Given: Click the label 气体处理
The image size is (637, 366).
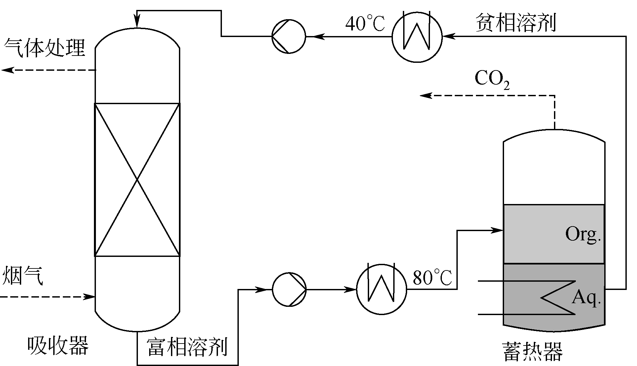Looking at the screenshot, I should click(45, 48).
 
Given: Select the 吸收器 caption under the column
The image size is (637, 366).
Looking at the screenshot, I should click(58, 345).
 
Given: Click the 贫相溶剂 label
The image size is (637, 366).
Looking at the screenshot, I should click(516, 22).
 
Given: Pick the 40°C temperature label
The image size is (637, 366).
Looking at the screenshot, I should click(365, 24).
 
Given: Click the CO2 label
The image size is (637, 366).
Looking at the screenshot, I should click(491, 79).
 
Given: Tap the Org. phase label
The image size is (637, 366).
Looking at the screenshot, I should click(582, 234).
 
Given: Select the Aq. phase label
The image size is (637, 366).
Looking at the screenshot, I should click(586, 297).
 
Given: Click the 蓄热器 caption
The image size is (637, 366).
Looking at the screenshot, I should click(532, 351).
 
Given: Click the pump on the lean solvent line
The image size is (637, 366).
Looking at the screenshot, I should click(289, 36).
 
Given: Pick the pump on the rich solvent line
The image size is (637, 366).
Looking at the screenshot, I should click(289, 290).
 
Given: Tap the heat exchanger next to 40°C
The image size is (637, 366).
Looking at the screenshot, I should click(417, 36).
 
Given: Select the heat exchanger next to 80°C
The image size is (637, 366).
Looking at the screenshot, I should click(382, 289).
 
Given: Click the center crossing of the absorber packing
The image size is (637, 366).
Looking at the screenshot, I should click(137, 180).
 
